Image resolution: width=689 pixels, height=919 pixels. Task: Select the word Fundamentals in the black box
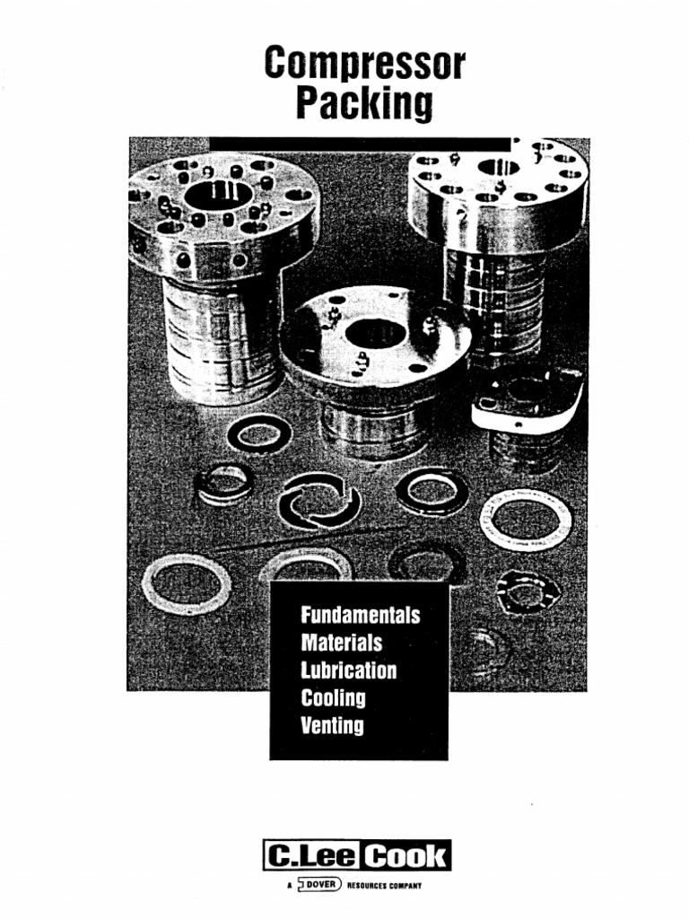[x=361, y=617]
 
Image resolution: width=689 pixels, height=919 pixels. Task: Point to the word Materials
[x=342, y=643]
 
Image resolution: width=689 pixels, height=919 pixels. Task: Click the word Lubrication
[x=349, y=670]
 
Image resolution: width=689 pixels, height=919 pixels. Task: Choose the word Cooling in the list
[x=334, y=697]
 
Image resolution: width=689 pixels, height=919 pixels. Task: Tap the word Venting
[x=333, y=724]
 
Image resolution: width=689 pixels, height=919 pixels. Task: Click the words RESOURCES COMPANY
[x=384, y=885]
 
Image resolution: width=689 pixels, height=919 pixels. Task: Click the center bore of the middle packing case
[x=376, y=334]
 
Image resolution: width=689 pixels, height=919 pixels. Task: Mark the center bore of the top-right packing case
[x=498, y=167]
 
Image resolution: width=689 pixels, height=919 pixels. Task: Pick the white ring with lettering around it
[x=526, y=520]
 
